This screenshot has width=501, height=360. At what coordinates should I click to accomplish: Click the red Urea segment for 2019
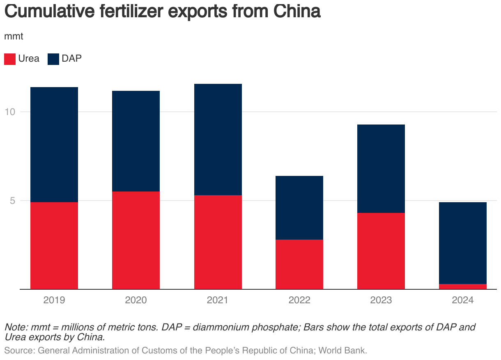54,245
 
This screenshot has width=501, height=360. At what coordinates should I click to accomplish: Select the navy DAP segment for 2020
136,141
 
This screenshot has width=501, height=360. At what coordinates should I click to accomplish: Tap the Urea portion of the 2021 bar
218,242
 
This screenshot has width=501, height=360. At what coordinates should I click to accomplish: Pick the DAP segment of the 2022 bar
299,208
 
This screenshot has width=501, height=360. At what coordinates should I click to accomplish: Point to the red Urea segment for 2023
381,251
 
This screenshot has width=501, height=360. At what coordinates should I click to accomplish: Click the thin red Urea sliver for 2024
463,286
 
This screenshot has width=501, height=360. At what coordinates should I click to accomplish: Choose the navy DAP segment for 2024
463,243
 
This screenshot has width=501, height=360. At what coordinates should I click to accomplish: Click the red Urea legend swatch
10,59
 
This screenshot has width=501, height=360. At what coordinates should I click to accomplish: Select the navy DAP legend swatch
53,59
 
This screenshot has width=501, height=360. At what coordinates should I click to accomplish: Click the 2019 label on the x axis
54,300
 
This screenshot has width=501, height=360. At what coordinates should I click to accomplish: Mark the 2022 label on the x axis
299,300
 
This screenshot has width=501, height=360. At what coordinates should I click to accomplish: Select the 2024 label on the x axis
463,300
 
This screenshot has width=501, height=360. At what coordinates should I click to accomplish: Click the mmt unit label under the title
14,36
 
